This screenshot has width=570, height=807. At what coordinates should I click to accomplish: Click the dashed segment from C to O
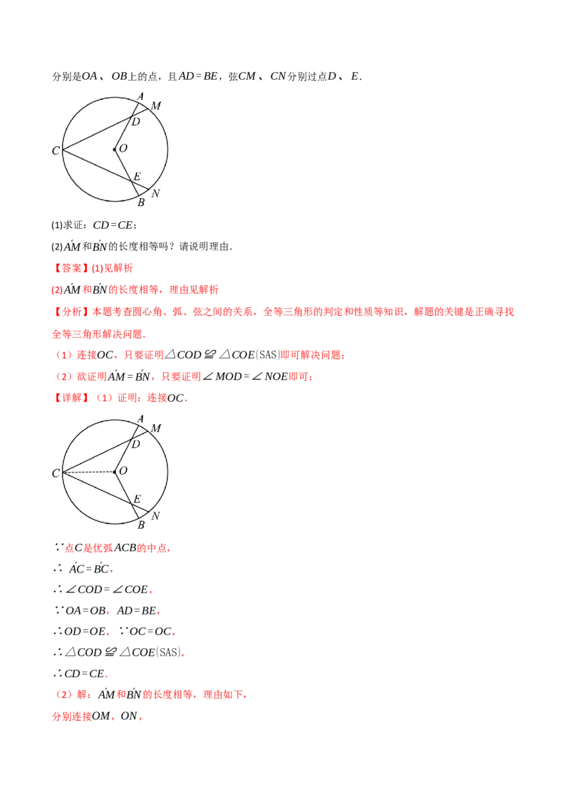(88, 472)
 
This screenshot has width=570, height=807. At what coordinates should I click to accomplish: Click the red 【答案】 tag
(71, 268)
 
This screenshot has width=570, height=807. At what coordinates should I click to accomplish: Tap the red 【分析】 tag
(71, 312)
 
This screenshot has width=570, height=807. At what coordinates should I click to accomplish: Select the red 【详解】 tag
(71, 398)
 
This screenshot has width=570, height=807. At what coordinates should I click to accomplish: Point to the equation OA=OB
(85, 611)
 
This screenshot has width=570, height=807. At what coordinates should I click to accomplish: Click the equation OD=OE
(85, 632)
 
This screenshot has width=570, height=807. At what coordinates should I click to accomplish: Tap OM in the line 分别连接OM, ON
(101, 716)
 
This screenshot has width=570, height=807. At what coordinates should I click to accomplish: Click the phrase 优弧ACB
(115, 548)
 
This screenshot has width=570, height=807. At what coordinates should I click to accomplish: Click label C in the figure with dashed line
(56, 473)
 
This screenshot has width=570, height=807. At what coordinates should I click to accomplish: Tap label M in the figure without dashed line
(156, 106)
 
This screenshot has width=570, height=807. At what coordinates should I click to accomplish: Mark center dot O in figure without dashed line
(115, 150)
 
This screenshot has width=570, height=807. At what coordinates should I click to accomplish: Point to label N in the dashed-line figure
(155, 515)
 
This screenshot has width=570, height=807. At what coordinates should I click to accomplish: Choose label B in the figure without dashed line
(141, 202)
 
